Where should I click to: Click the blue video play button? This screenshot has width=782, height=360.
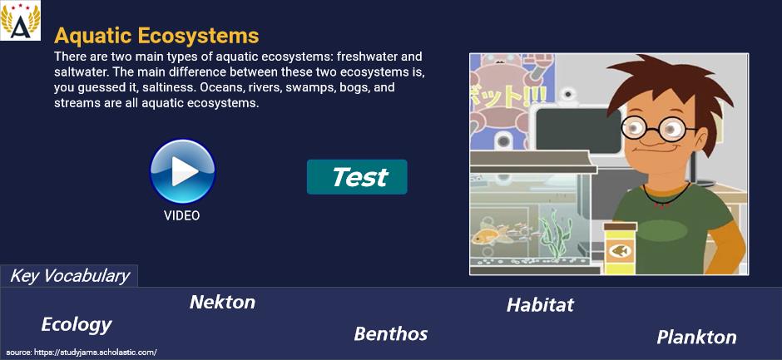182,171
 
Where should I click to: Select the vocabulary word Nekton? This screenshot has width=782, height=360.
222,302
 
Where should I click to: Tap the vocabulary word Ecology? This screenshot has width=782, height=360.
77,324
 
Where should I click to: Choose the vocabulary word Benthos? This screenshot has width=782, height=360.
391,333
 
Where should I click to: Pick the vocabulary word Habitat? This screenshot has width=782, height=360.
540,304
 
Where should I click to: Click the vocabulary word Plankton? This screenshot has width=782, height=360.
696,337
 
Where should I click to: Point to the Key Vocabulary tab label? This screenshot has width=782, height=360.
70,276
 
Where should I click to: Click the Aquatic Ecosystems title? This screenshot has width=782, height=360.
156,36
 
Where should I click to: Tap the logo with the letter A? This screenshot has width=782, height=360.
21,21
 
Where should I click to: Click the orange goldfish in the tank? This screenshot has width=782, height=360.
488,234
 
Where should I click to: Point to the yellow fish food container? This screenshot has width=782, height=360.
620,249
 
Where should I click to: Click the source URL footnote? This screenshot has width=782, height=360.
82,352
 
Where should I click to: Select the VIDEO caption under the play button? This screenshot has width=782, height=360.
182,215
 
